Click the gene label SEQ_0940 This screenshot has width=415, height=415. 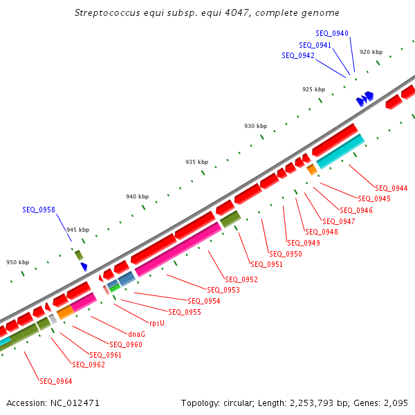(x=332, y=33)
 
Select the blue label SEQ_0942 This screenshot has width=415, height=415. (x=298, y=55)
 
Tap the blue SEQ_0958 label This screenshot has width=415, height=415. (x=39, y=210)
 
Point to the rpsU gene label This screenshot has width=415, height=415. (x=157, y=323)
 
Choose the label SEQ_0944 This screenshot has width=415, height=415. (x=391, y=188)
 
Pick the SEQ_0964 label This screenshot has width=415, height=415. (x=56, y=381)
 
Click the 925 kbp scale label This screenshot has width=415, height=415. (x=313, y=89)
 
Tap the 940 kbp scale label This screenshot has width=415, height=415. (x=137, y=197)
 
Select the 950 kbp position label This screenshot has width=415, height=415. (x=18, y=262)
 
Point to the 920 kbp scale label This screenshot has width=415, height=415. (x=371, y=52)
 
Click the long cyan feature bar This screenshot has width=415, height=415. (x=340, y=151)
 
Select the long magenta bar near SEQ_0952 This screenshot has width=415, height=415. (x=178, y=250)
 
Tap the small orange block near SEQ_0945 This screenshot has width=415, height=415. (x=312, y=169)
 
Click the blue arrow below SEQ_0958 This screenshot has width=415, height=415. (x=84, y=266)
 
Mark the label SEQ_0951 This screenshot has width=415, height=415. (x=267, y=264)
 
